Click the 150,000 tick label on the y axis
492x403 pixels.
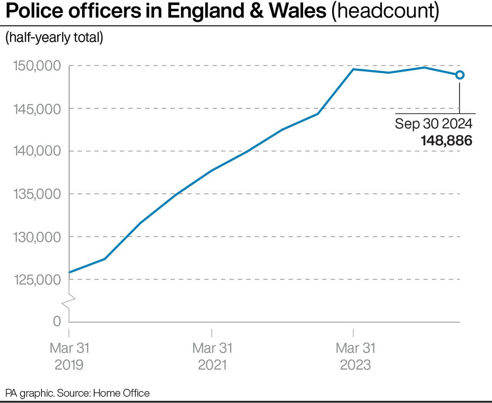click(37, 66)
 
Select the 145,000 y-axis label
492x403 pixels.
click(37, 109)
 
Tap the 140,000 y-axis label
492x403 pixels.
click(37, 151)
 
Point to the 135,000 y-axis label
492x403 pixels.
click(37, 194)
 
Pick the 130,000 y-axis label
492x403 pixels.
click(37, 237)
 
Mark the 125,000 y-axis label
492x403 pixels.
click(37, 280)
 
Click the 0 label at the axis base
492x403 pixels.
click(57, 321)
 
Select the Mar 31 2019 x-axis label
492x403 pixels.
click(69, 356)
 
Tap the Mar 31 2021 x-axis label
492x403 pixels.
click(212, 356)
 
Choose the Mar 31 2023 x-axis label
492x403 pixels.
click(355, 356)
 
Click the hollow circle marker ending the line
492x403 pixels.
click(460, 75)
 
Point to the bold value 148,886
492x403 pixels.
click(446, 140)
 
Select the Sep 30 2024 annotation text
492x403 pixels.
click(433, 124)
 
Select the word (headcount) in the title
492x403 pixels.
click(385, 12)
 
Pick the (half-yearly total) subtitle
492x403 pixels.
click(54, 38)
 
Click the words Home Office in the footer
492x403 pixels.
click(121, 393)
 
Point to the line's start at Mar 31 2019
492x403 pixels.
click(70, 272)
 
